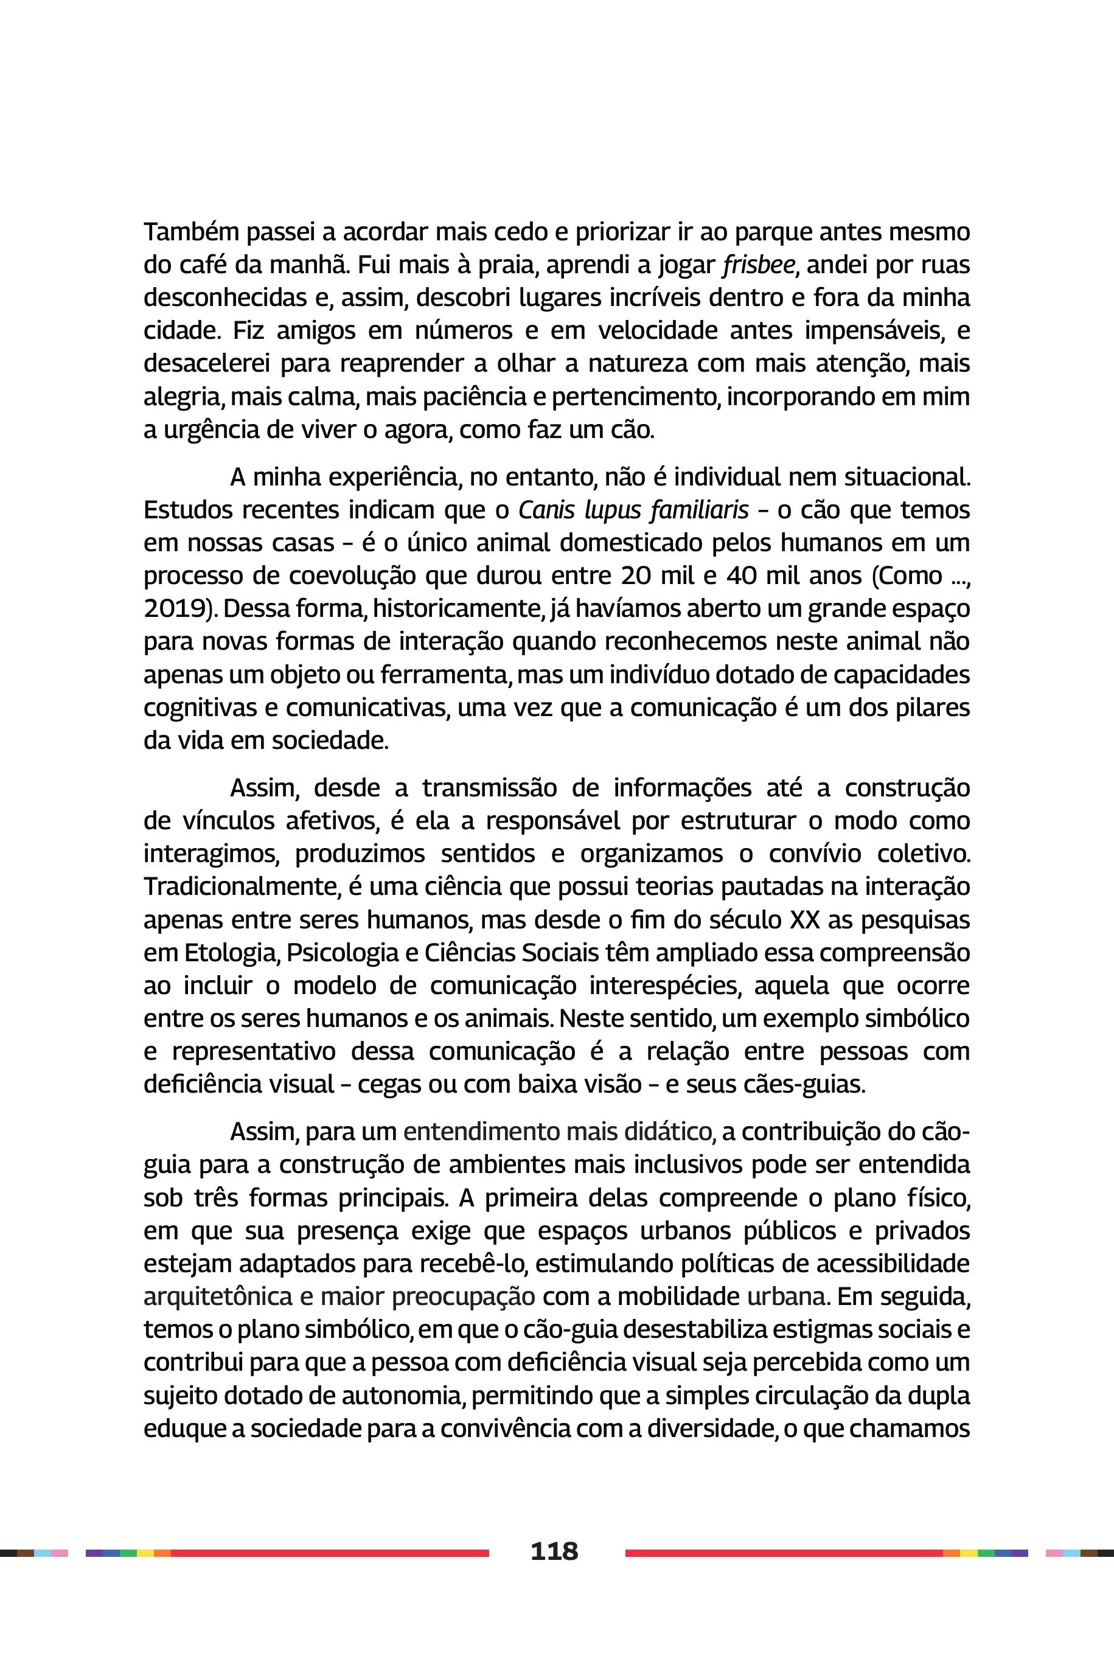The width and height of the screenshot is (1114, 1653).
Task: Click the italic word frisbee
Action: (x=759, y=265)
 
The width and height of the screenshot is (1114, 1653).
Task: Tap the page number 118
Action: (x=554, y=1551)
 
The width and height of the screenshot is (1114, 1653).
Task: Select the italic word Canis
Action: (x=546, y=510)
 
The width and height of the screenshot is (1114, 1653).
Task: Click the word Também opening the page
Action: (x=187, y=232)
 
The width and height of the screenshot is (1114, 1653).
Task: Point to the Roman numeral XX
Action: (x=804, y=920)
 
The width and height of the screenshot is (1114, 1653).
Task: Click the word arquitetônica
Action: (x=217, y=1296)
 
